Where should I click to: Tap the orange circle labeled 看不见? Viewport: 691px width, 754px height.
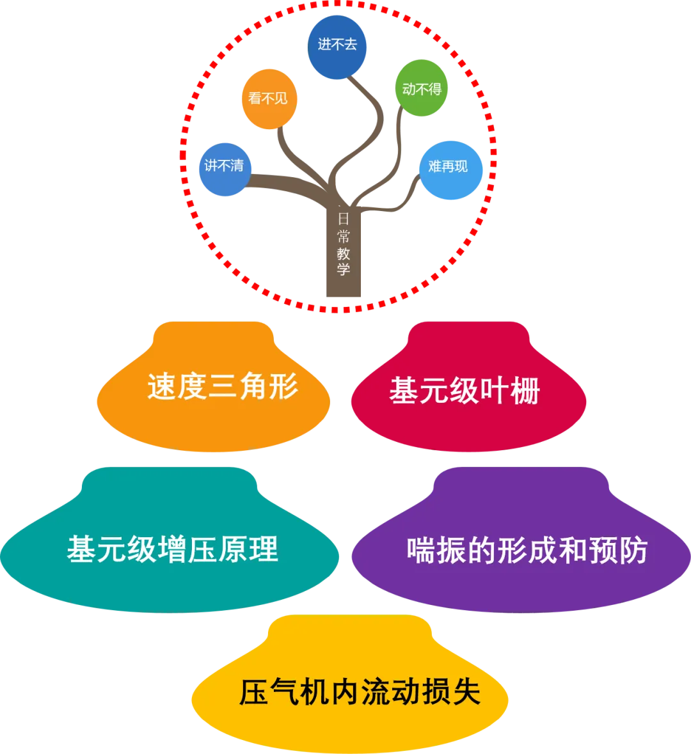269,99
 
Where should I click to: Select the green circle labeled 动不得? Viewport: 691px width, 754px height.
422,88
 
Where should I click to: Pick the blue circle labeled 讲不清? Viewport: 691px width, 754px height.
224,166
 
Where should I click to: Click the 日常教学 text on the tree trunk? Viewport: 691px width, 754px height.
344,243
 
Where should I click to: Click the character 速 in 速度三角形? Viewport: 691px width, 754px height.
162,387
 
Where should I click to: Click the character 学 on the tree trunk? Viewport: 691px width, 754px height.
344,269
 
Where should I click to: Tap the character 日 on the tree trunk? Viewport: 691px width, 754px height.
344,218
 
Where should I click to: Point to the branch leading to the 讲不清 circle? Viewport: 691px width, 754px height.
282,184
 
